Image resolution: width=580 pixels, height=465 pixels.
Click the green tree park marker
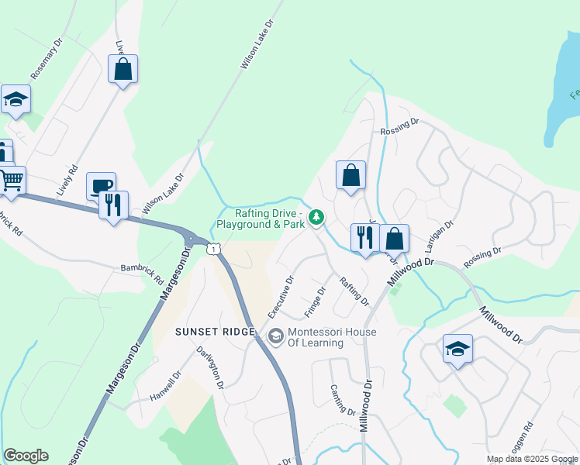click(x=316, y=218)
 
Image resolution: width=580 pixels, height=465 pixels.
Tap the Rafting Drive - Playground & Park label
click(x=261, y=218)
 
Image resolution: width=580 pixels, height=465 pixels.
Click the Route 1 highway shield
click(x=213, y=248)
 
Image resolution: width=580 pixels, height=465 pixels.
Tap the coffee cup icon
click(x=101, y=185)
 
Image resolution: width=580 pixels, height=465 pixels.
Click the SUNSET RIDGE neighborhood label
click(x=215, y=332)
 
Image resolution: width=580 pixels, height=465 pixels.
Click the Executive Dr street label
click(x=281, y=297)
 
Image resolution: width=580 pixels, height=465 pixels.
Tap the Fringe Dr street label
click(x=315, y=302)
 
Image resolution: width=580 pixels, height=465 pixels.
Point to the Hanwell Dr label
click(x=166, y=386)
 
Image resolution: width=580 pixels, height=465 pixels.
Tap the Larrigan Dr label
click(x=439, y=234)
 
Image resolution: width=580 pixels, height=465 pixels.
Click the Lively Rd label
click(x=68, y=179)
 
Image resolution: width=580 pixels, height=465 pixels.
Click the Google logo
click(x=26, y=456)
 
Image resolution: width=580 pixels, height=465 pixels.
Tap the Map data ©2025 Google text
click(x=531, y=459)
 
